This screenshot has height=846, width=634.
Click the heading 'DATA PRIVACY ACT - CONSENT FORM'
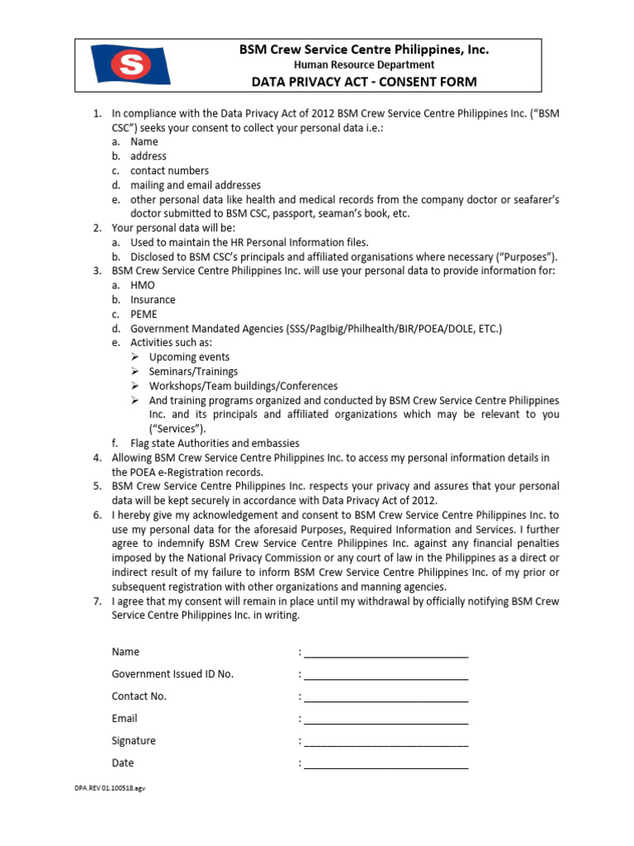(364, 81)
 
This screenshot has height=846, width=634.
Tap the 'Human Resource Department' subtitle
(364, 64)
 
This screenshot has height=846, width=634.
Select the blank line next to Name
(386, 653)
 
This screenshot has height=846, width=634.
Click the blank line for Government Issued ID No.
(386, 675)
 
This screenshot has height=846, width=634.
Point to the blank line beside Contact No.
(386, 697)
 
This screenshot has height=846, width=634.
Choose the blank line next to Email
(386, 720)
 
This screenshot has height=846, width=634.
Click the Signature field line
(386, 742)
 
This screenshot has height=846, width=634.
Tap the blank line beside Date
(386, 764)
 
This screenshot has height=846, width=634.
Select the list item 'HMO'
(143, 285)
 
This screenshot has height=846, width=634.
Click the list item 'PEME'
(144, 314)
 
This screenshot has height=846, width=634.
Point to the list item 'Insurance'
(153, 300)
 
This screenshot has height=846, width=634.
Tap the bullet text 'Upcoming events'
(189, 357)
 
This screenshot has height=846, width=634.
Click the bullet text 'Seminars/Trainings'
(193, 372)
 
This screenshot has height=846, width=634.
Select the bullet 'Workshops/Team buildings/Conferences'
(243, 386)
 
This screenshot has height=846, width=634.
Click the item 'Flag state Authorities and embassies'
(215, 444)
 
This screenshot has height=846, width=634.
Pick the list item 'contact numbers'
(169, 170)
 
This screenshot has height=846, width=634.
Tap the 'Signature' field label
(134, 741)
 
